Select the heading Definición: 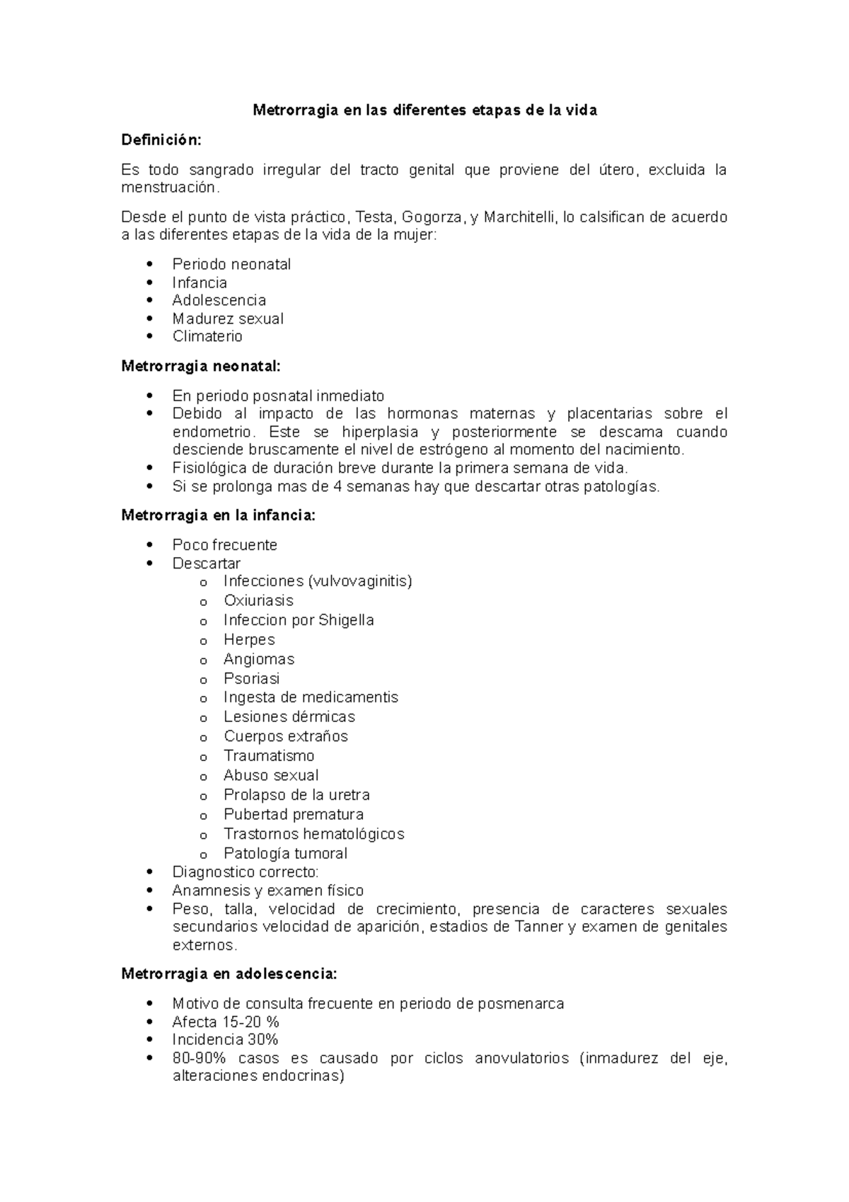[161, 140]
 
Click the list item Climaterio [207, 336]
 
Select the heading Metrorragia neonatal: [201, 366]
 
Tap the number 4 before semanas [338, 486]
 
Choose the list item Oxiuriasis [258, 600]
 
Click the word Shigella [346, 620]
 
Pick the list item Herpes [249, 639]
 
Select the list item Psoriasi [251, 678]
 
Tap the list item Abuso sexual [271, 775]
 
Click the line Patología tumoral [285, 853]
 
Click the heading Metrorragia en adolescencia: [229, 973]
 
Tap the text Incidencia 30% [225, 1040]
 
